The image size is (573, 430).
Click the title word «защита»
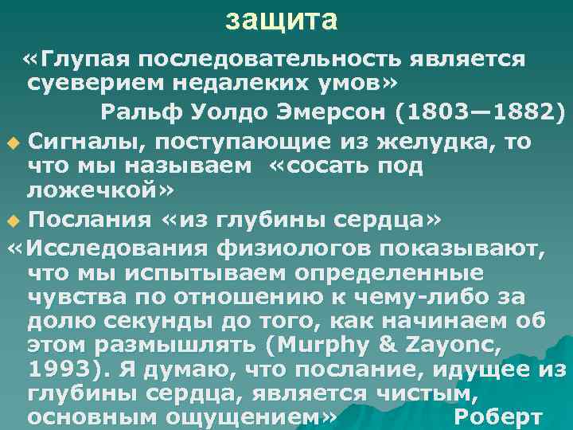coord(281,20)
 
